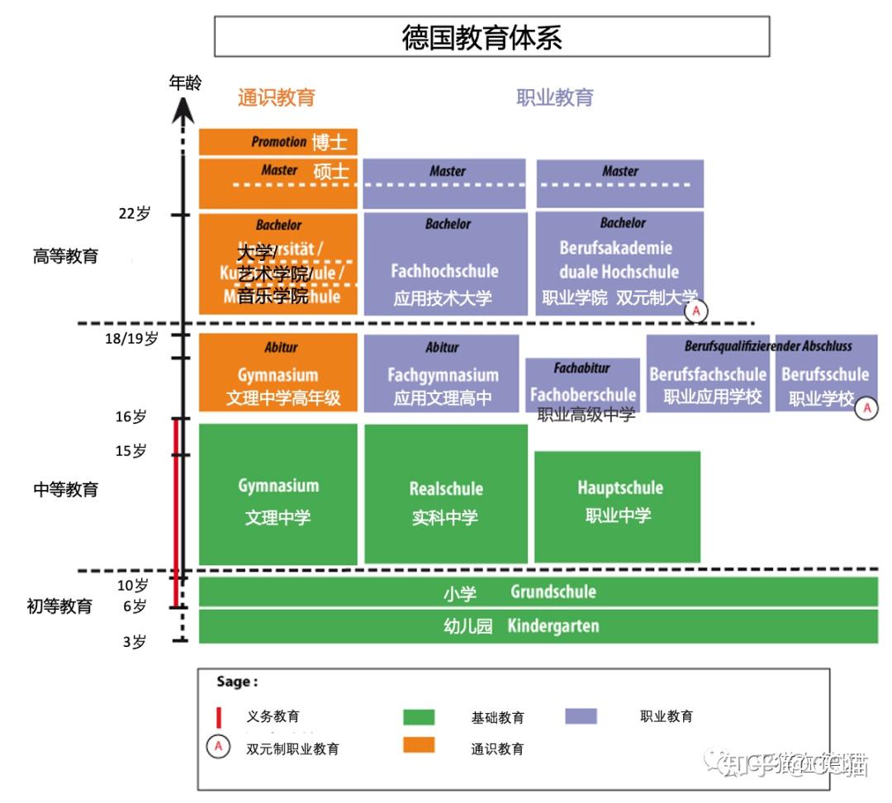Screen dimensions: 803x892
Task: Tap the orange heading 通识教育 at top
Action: (x=277, y=97)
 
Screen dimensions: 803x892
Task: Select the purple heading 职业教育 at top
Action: (x=555, y=97)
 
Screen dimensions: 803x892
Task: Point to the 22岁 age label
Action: (x=135, y=213)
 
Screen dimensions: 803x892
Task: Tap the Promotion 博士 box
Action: (x=278, y=142)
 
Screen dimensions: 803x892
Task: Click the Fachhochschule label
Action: (x=444, y=271)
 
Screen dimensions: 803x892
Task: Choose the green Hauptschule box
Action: (x=618, y=506)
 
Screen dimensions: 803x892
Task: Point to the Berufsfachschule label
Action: (x=708, y=374)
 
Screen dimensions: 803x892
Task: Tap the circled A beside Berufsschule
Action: (x=866, y=408)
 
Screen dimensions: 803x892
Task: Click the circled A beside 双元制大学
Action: (x=697, y=311)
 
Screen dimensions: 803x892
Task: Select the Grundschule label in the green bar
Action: (x=553, y=592)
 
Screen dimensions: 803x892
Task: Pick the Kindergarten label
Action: (x=553, y=625)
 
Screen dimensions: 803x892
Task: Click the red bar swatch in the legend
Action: (x=219, y=717)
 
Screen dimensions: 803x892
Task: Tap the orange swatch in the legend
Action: (x=419, y=744)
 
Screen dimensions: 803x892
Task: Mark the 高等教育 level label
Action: (x=65, y=256)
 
